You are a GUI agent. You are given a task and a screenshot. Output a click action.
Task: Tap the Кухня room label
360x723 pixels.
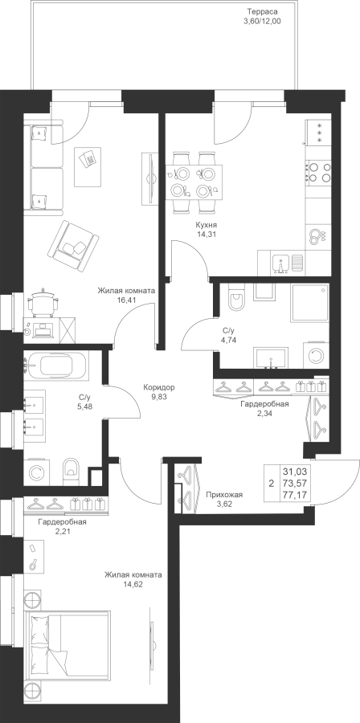point(206,225)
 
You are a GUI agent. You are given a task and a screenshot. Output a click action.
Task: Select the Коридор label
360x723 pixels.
point(159,387)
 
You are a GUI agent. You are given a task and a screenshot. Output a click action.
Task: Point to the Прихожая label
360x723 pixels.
point(224,495)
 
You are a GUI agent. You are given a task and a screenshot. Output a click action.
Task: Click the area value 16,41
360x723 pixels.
point(126,300)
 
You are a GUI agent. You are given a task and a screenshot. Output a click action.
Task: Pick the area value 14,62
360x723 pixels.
point(133,584)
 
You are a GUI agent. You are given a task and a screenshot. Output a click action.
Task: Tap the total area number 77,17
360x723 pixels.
point(297,495)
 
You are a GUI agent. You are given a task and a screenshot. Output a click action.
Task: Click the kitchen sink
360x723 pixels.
point(280,264)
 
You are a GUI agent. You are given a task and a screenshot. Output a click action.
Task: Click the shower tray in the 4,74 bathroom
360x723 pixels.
point(309,303)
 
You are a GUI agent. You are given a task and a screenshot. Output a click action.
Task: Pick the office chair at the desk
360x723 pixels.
point(43,302)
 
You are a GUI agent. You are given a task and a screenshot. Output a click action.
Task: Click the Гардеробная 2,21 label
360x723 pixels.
point(62,526)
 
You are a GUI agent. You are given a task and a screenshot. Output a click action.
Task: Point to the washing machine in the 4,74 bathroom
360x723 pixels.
point(317,356)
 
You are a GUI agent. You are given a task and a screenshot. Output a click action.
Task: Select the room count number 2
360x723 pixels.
point(271,484)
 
